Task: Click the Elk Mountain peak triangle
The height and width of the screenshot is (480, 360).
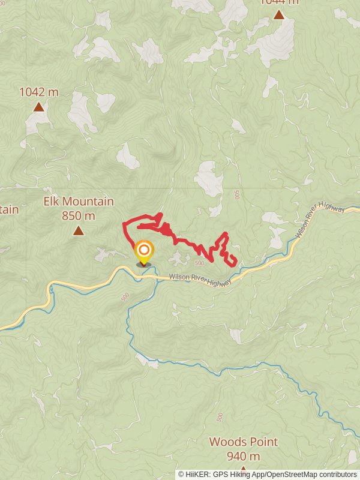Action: coord(79,230)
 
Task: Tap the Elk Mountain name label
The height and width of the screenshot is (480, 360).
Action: coord(79,202)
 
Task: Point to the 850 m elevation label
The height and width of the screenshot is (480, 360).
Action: coord(79,215)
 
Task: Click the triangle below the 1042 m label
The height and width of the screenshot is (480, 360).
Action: coord(39,107)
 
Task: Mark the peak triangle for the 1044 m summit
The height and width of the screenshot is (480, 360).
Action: coord(279,14)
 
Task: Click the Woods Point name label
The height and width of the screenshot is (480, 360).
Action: coord(244,442)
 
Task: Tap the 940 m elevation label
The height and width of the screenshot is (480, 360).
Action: coord(244,456)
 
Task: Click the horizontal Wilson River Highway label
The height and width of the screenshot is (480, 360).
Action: coord(200,279)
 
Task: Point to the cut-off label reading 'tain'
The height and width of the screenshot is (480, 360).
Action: coord(9,209)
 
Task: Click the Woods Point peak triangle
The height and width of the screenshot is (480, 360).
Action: coord(244,469)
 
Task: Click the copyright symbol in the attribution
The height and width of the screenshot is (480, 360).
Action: coord(181,474)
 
